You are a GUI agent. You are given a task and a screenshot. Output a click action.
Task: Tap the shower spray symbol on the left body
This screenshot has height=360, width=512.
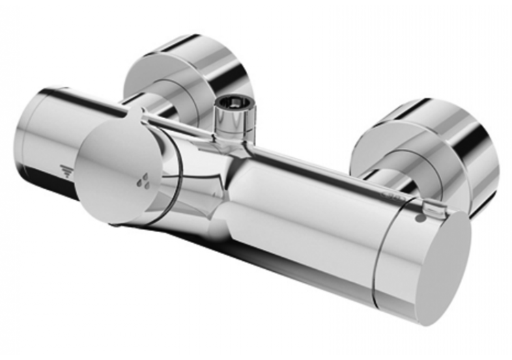click(66, 170)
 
